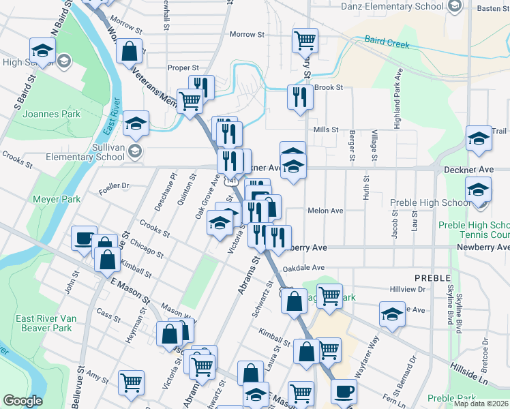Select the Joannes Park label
[x=52, y=114]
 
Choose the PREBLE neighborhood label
[x=432, y=278]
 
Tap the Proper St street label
[x=183, y=68]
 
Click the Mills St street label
[x=326, y=130]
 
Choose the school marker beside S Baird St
[x=42, y=50]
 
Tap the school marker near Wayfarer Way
[x=392, y=315]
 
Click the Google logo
[x=22, y=401]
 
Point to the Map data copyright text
[x=481, y=404]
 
